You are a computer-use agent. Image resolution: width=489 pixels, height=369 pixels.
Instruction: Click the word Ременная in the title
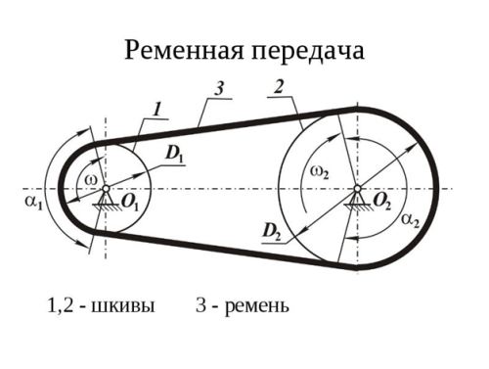coord(181,50)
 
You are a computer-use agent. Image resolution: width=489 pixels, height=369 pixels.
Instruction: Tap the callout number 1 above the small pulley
coord(156,106)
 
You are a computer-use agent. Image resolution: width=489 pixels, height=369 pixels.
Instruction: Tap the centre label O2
coord(382,201)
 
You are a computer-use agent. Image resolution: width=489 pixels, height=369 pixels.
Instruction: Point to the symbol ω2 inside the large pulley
coord(320,170)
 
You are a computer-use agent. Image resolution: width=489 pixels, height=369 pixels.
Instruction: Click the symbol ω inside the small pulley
coord(91,179)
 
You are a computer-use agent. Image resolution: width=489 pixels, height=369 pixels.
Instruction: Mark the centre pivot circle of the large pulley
coord(357,188)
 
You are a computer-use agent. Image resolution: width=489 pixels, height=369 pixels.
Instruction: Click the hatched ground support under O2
coord(357,205)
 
